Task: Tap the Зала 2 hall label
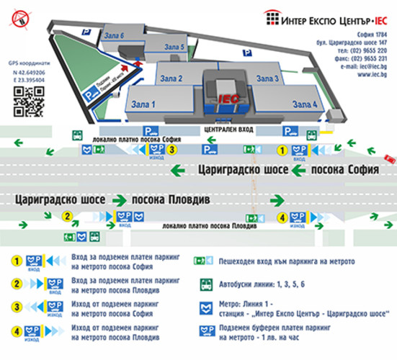pyautogui.click(x=170, y=78)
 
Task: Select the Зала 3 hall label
pyautogui.click(x=267, y=78)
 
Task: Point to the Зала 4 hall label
pyautogui.click(x=303, y=105)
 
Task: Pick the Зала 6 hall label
pyautogui.click(x=115, y=35)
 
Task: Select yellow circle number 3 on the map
pyautogui.click(x=173, y=150)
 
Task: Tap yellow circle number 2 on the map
pyautogui.click(x=67, y=215)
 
